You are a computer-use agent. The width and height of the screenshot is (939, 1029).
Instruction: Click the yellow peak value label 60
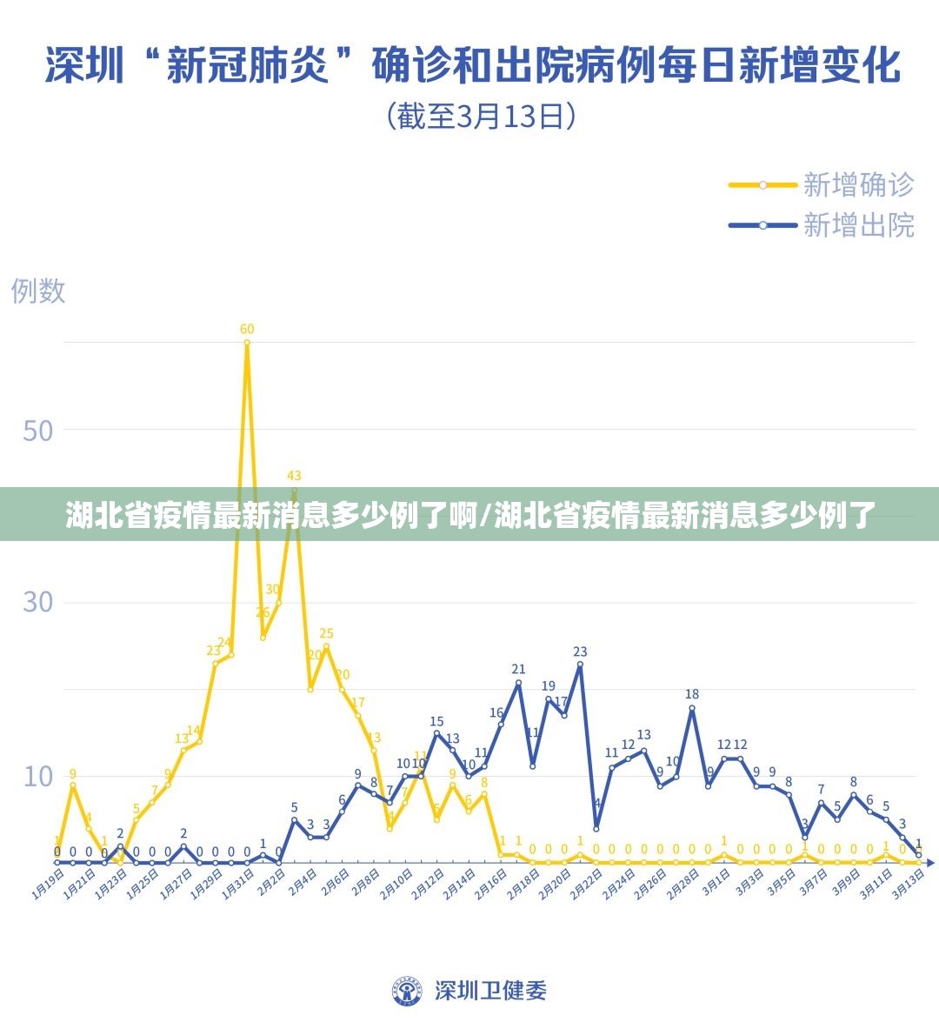point(247,329)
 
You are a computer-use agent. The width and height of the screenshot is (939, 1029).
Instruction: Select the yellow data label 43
point(294,476)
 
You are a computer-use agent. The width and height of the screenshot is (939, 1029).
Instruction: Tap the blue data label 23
point(580,651)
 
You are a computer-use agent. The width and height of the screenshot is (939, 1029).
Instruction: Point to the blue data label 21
point(518,669)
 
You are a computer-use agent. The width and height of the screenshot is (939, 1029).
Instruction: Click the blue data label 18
point(692,694)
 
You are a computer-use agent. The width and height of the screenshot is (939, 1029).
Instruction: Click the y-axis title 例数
point(38,291)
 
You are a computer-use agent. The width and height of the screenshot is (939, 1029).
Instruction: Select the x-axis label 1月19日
point(48,882)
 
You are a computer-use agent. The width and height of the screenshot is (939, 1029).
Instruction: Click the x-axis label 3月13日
point(909,882)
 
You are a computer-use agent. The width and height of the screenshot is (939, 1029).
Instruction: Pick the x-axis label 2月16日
point(491,882)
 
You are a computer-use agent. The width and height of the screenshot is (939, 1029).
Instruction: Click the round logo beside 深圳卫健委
point(406,990)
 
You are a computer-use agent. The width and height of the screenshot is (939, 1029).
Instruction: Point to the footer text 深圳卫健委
point(490,990)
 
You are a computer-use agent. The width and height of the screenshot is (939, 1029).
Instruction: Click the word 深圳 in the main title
point(84,66)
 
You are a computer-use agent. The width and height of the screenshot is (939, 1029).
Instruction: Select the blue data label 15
point(436,721)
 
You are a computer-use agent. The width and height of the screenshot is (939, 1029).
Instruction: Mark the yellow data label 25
point(326,633)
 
